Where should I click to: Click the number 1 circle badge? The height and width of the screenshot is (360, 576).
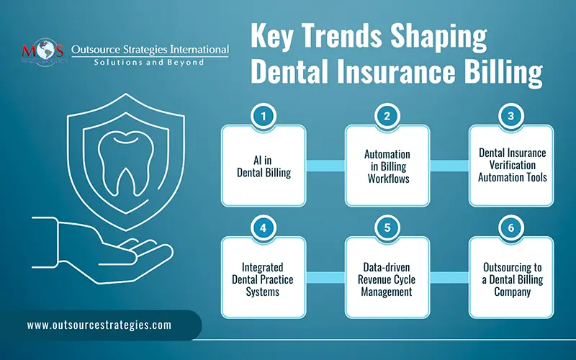pyautogui.click(x=264, y=115)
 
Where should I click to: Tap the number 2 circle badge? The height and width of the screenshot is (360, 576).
pyautogui.click(x=387, y=115)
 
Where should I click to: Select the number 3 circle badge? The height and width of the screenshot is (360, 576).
pyautogui.click(x=511, y=115)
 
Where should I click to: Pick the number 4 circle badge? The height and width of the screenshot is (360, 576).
pyautogui.click(x=264, y=228)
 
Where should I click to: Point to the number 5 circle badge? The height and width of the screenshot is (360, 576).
pyautogui.click(x=387, y=228)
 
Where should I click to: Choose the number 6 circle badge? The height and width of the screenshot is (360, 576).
pyautogui.click(x=511, y=228)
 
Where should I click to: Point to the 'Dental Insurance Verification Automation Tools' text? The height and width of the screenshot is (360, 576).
pyautogui.click(x=511, y=165)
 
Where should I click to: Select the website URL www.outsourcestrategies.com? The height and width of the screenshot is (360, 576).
pyautogui.click(x=99, y=325)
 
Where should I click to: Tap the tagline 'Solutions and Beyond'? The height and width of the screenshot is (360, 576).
pyautogui.click(x=150, y=63)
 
